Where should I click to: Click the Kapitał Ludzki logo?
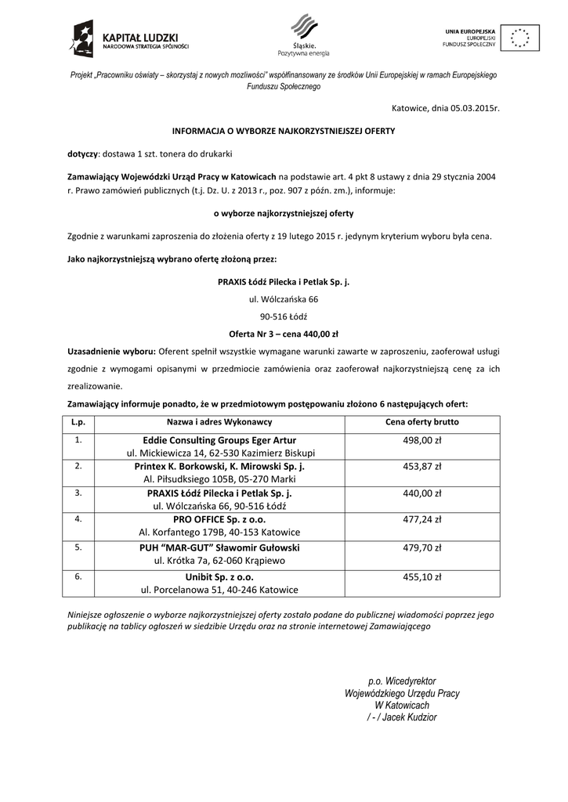(x=128, y=40)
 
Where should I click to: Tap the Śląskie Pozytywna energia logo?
(x=303, y=36)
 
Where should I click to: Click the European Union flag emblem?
(x=519, y=38)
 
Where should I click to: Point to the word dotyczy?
(x=82, y=153)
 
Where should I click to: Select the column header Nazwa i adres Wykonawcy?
(x=219, y=422)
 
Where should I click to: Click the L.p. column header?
(x=78, y=422)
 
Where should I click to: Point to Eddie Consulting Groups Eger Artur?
(x=219, y=440)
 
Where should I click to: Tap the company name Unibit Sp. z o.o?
(x=219, y=576)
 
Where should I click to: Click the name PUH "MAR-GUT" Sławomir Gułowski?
(x=219, y=547)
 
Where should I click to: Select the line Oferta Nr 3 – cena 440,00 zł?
(x=284, y=333)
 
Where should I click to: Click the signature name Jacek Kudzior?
(x=410, y=717)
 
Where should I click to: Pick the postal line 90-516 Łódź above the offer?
(x=284, y=316)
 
